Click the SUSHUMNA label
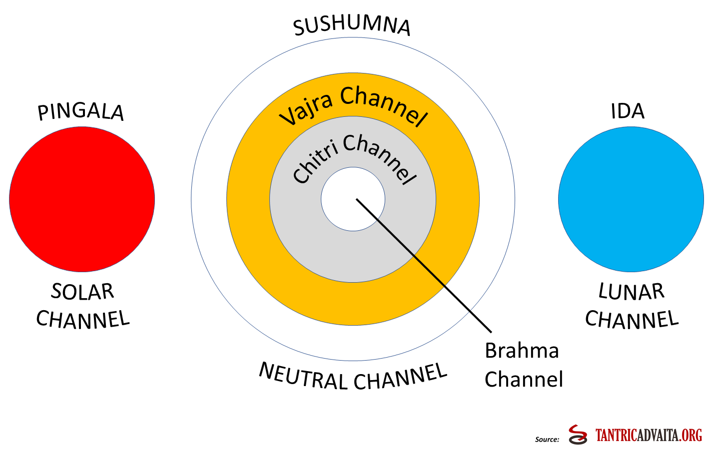[x=352, y=26]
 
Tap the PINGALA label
[x=81, y=112]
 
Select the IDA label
[x=628, y=111]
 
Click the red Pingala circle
[x=82, y=199]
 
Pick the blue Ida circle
[x=631, y=199]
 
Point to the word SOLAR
[x=82, y=292]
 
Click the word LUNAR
[x=631, y=292]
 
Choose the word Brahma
[x=522, y=351]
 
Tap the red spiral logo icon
[x=578, y=435]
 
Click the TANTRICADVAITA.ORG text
[x=649, y=436]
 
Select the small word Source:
[x=547, y=440]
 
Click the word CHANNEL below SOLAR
[x=83, y=320]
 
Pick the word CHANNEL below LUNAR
[x=632, y=320]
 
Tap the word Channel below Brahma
[x=524, y=380]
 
